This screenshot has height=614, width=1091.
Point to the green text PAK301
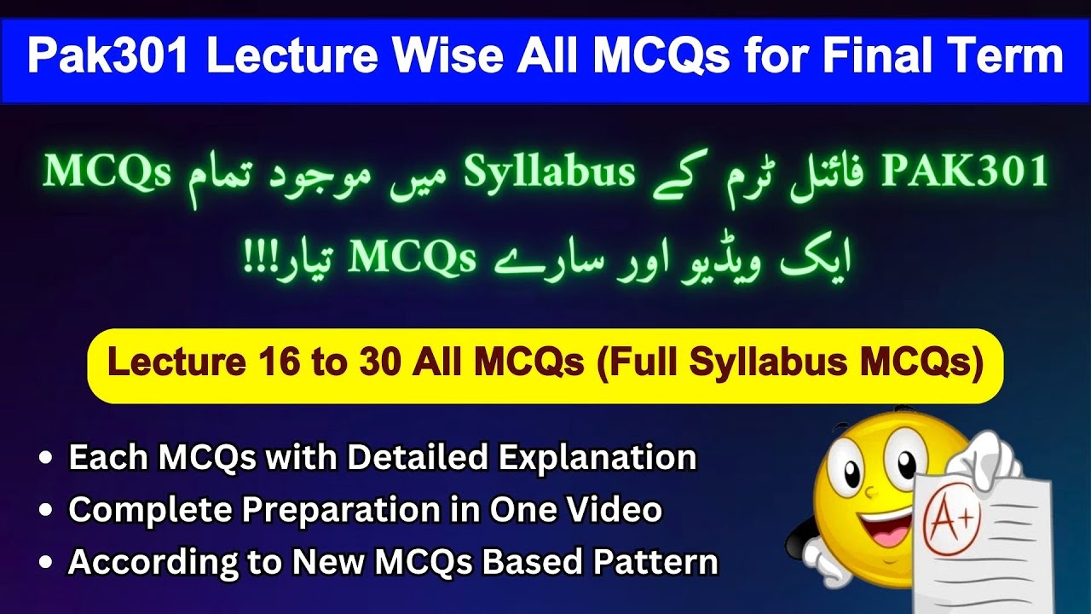pos(965,171)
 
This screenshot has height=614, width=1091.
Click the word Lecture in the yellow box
pos(176,364)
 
